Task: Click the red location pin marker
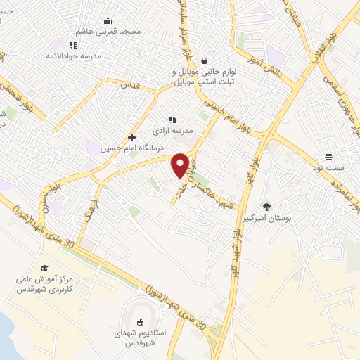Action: [180, 165]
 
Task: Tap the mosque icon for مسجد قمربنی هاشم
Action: [108, 20]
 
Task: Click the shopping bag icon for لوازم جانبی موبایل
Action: [204, 61]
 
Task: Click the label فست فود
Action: [329, 168]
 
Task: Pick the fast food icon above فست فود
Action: [329, 157]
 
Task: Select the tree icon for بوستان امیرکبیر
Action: [266, 206]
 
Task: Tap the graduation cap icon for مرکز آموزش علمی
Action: [44, 268]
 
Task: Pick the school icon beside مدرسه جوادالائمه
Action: [51, 55]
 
